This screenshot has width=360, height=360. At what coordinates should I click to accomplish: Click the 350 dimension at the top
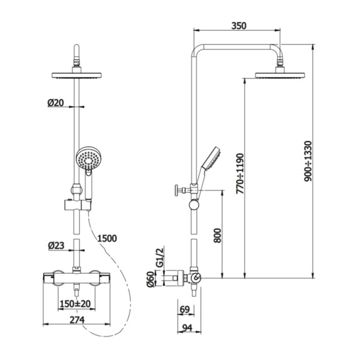coord(239,26)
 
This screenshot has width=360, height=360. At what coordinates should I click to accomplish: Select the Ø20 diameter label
coord(56,103)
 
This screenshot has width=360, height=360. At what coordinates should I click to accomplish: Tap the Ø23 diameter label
coord(56,246)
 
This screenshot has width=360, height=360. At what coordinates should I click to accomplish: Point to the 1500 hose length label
coord(107,239)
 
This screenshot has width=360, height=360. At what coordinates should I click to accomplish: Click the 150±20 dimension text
coord(75,304)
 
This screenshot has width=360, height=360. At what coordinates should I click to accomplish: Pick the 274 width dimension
coord(77,320)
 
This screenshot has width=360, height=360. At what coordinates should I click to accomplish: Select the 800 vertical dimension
coord(217,235)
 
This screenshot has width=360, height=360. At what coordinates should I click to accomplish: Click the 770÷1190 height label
coord(240,173)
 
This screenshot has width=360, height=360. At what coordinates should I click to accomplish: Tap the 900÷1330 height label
coord(308,161)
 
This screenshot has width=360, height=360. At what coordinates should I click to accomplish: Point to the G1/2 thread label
coord(160,257)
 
